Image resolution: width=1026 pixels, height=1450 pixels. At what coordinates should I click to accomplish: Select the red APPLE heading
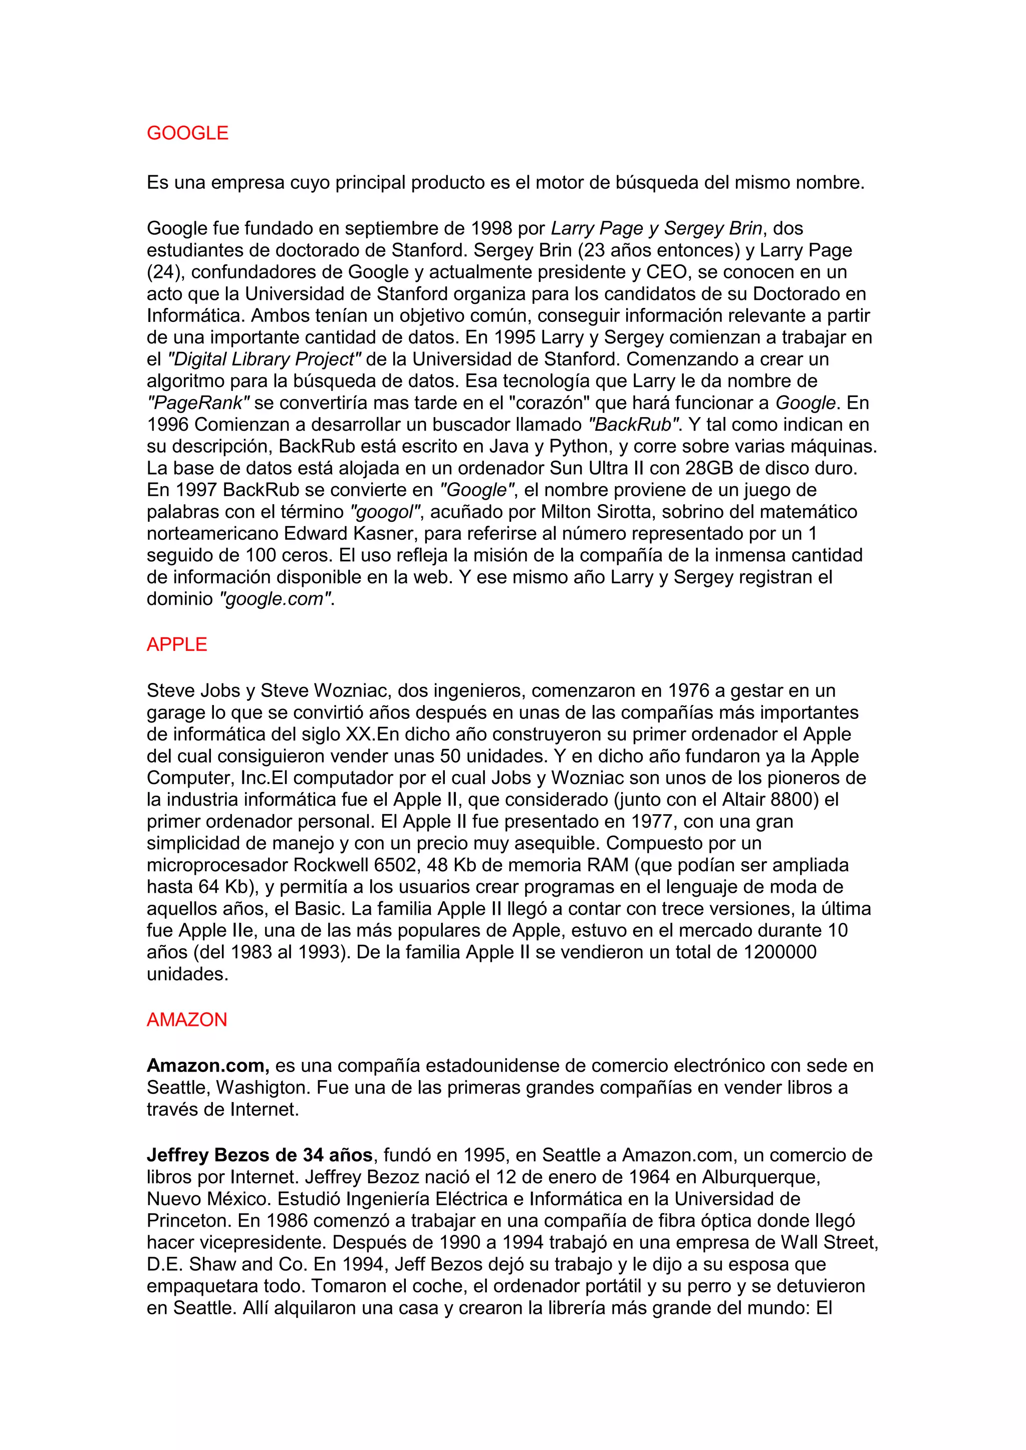[x=177, y=645]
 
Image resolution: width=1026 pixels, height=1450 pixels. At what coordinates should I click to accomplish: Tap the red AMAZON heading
[x=186, y=1020]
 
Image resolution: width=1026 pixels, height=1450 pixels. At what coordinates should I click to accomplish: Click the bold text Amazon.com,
[x=208, y=1065]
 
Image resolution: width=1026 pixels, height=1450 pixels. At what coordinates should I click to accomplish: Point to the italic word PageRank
[x=198, y=403]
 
